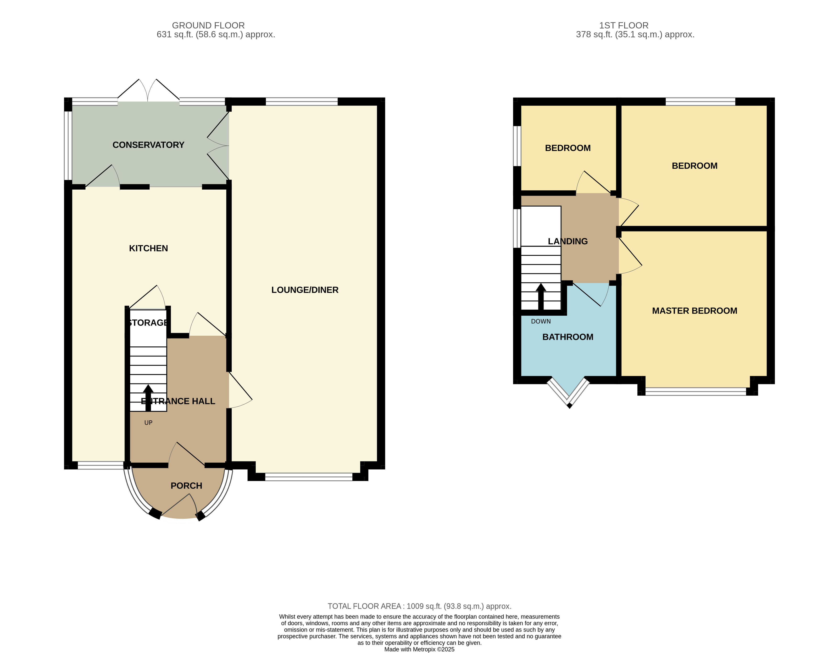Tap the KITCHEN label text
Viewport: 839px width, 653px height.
pyautogui.click(x=148, y=248)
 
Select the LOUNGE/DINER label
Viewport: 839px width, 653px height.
pyautogui.click(x=305, y=290)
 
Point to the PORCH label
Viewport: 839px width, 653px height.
pyautogui.click(x=186, y=486)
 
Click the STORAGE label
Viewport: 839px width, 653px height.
pyautogui.click(x=148, y=323)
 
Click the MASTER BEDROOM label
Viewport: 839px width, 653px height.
pyautogui.click(x=694, y=311)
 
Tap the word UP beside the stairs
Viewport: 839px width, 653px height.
pyautogui.click(x=148, y=423)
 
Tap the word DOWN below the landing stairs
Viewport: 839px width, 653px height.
pyautogui.click(x=540, y=321)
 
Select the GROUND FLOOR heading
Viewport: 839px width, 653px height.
pyautogui.click(x=208, y=25)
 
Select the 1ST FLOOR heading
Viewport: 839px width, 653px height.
pyautogui.click(x=623, y=25)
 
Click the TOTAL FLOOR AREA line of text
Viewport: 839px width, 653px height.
pyautogui.click(x=419, y=606)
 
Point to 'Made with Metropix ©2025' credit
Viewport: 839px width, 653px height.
pyautogui.click(x=419, y=649)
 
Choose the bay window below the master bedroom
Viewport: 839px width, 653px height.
pyautogui.click(x=695, y=392)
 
